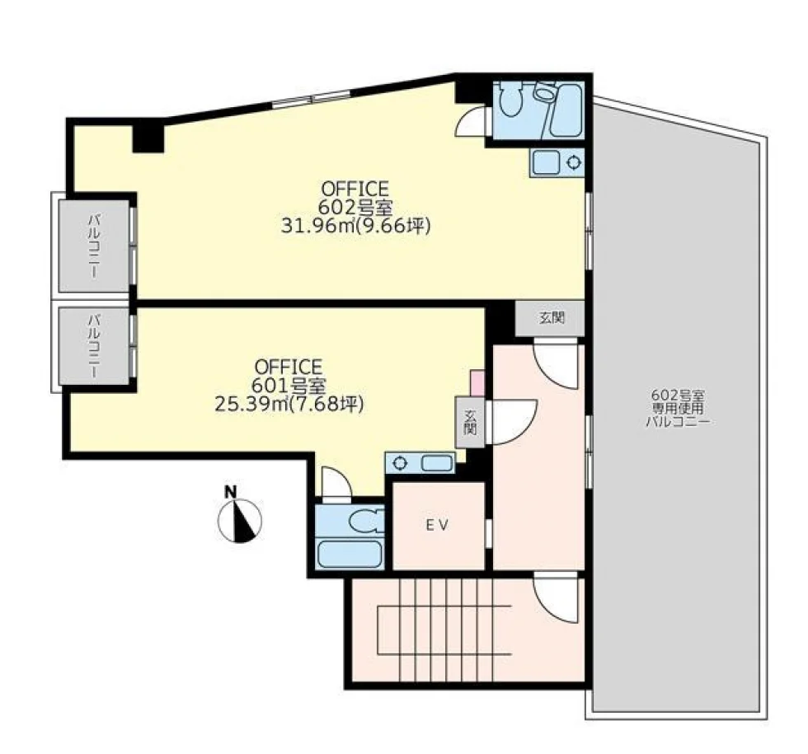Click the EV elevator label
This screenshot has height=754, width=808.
pos(438,525)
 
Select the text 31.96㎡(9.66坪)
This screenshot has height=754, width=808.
pos(355,226)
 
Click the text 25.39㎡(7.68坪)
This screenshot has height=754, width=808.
pos(289,404)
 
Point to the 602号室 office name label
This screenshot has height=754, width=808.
pos(355,208)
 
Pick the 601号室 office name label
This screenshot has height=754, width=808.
pos(289,386)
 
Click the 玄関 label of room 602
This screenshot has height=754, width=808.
pos(552,318)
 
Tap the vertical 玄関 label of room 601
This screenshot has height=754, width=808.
pos(469,422)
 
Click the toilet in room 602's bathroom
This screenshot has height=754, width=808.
pos(512,99)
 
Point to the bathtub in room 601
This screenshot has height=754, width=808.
pos(350,554)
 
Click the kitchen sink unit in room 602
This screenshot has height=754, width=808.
pos(557,163)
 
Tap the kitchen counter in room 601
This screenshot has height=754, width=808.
pos(420,463)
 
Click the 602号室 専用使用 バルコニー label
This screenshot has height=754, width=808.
pos(678,409)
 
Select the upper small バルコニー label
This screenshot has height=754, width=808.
pos(94,246)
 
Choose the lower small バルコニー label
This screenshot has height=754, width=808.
pos(94,346)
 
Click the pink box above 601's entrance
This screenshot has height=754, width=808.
pos(477,382)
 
